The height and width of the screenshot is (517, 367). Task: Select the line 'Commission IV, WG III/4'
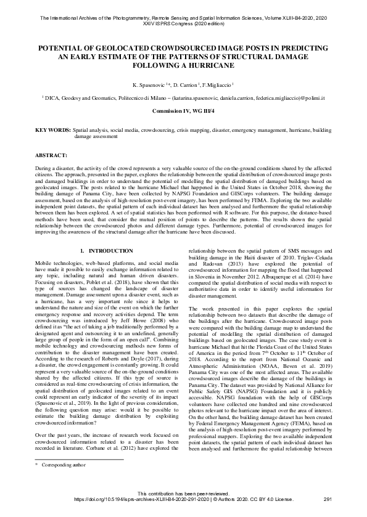183,110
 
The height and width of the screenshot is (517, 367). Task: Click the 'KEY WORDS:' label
52,131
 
